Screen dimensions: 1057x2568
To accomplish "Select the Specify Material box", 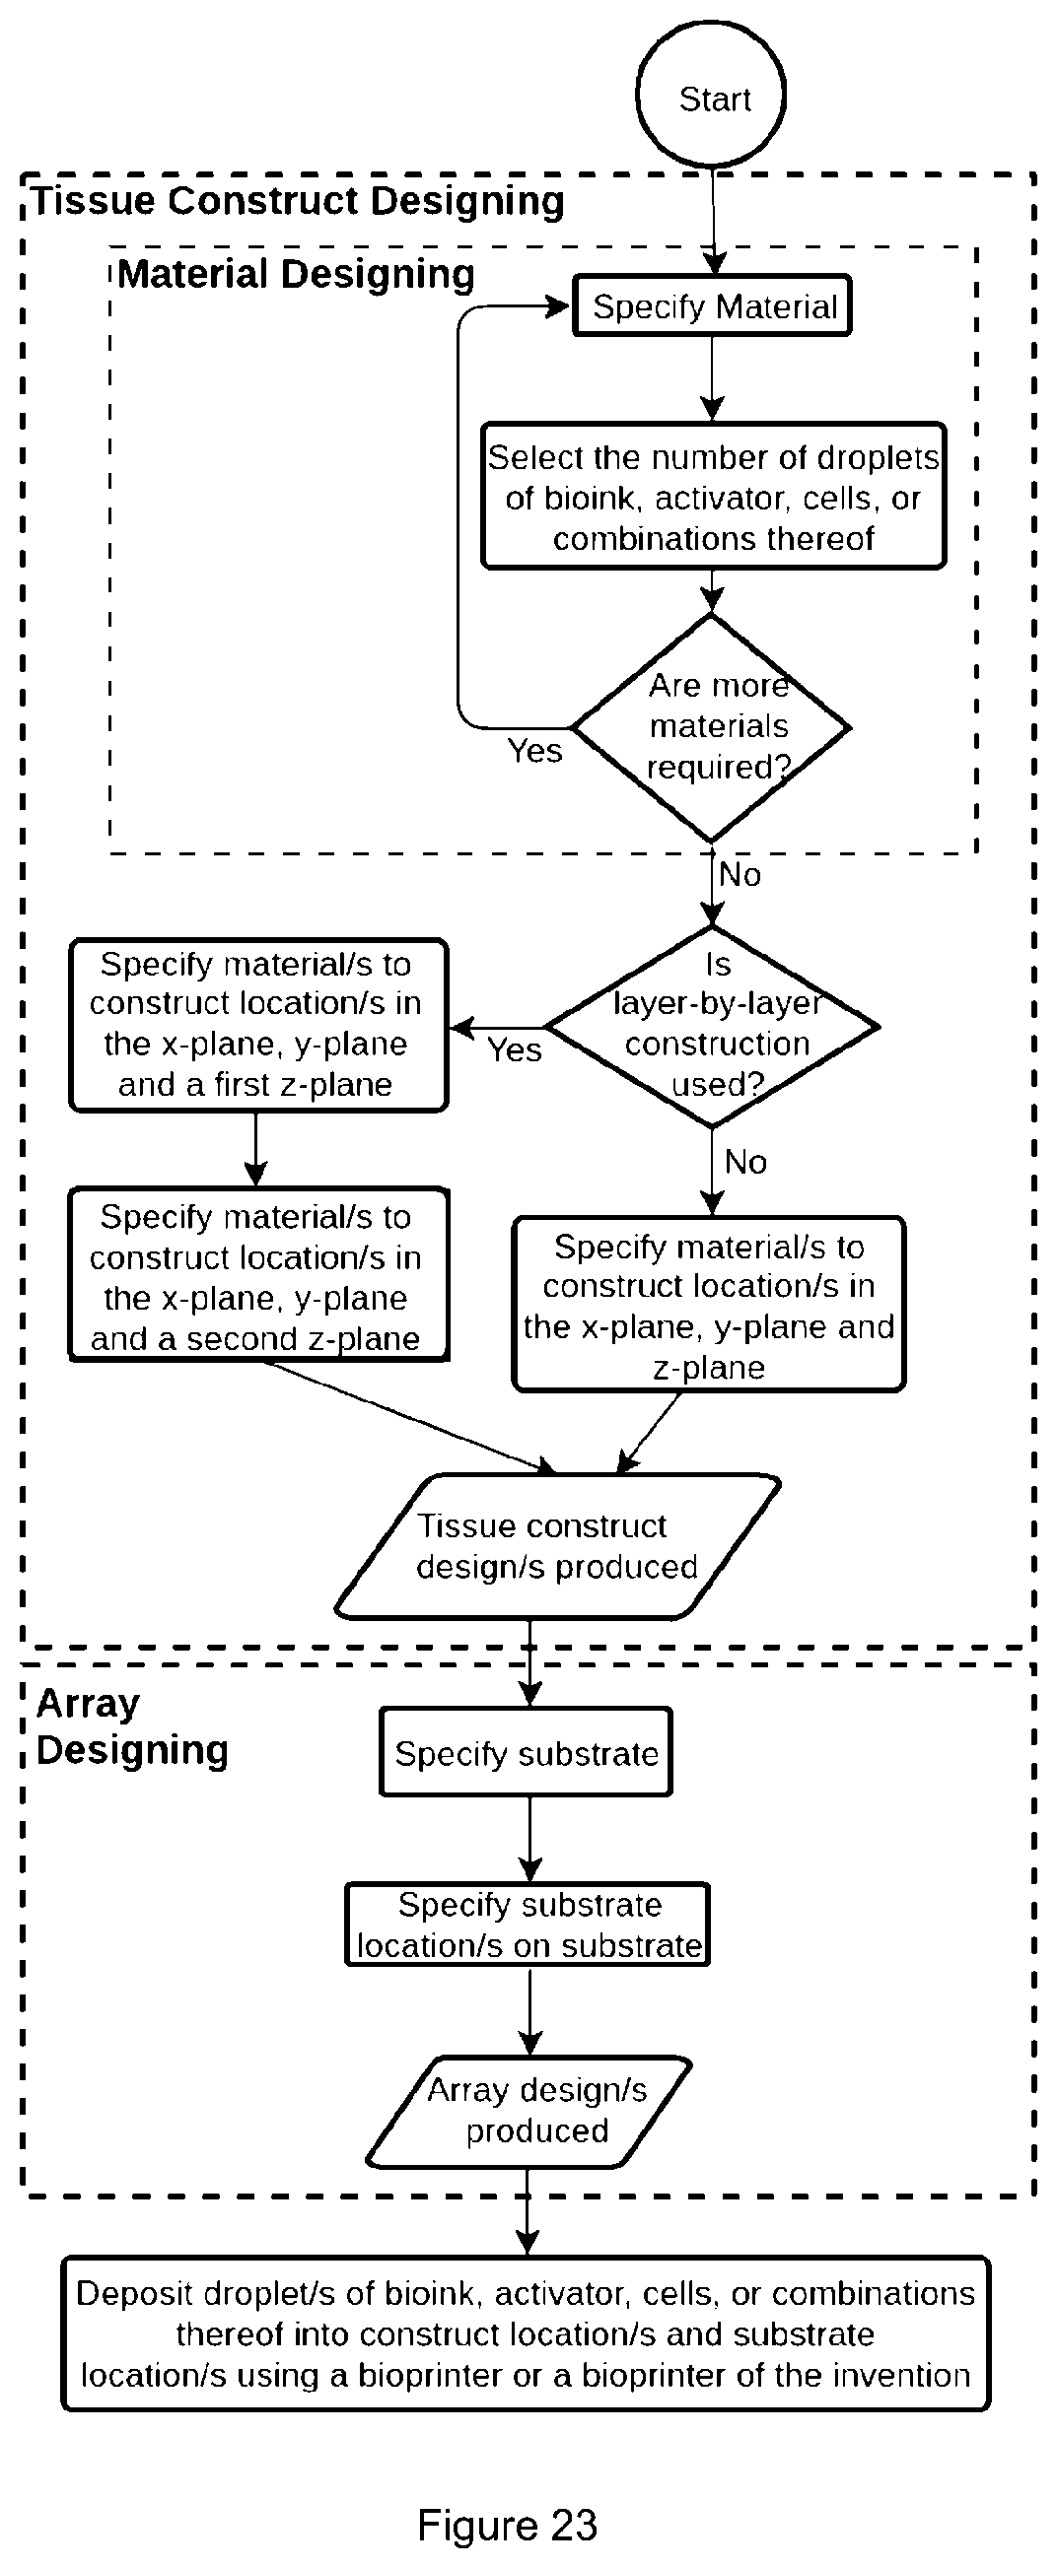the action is click(x=712, y=306).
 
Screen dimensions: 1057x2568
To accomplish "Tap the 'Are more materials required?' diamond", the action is click(x=711, y=728).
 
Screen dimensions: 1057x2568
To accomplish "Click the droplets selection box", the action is click(x=713, y=497).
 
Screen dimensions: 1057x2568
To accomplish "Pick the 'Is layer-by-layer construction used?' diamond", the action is click(x=712, y=1026).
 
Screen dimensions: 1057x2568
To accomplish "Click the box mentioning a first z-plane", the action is click(x=257, y=1025).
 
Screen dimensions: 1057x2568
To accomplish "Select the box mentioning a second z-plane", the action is click(x=258, y=1274).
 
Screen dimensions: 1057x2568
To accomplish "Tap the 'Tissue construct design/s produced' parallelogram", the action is click(x=556, y=1546).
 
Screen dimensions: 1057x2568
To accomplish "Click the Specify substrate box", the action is click(x=526, y=1752).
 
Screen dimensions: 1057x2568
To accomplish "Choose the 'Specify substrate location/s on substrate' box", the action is click(x=528, y=1924).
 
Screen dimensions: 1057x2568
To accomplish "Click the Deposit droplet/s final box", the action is click(x=526, y=2333).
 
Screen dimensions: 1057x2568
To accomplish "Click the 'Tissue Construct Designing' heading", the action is click(x=298, y=201).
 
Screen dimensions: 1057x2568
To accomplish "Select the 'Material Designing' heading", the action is click(x=296, y=274).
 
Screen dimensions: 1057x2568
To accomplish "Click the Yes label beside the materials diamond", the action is click(x=534, y=751).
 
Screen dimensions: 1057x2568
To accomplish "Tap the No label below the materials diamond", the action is click(x=740, y=874).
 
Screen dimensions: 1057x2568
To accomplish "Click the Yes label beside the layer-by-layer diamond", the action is click(x=515, y=1049).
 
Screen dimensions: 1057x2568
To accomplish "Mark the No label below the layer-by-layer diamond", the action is click(x=745, y=1162).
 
